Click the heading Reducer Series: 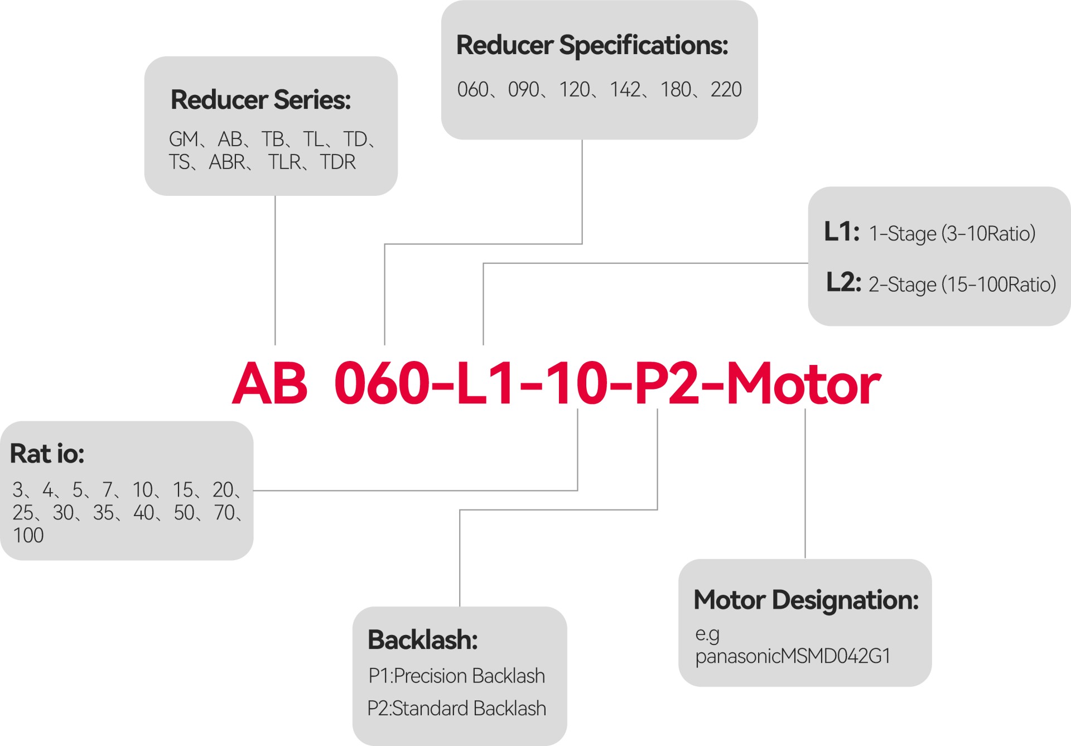pyautogui.click(x=260, y=100)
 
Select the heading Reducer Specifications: pyautogui.click(x=592, y=45)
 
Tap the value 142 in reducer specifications pyautogui.click(x=625, y=90)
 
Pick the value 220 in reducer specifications pyautogui.click(x=726, y=90)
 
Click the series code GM pyautogui.click(x=184, y=139)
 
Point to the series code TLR pyautogui.click(x=284, y=162)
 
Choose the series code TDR pyautogui.click(x=337, y=162)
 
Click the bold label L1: pyautogui.click(x=841, y=232)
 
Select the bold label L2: pyautogui.click(x=843, y=282)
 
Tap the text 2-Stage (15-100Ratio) pyautogui.click(x=962, y=285)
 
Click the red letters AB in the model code pyautogui.click(x=270, y=384)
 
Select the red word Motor pyautogui.click(x=803, y=384)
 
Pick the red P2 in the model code pyautogui.click(x=667, y=384)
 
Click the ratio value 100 pyautogui.click(x=28, y=536)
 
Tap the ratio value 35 pyautogui.click(x=103, y=513)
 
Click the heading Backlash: pyautogui.click(x=422, y=640)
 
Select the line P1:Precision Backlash pyautogui.click(x=456, y=676)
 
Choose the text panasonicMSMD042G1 pyautogui.click(x=792, y=656)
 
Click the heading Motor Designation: pyautogui.click(x=805, y=600)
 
